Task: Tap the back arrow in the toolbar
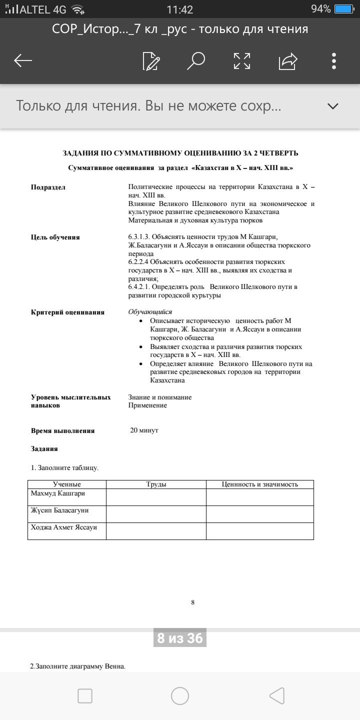point(23,61)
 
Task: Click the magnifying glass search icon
point(195,61)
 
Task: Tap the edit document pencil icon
point(151,61)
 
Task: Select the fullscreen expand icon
point(242,61)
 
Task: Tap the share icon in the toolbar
point(288,61)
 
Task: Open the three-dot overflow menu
point(334,61)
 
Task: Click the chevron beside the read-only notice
point(332,106)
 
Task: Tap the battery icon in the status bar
point(344,9)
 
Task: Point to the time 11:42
point(180,9)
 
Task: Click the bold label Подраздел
point(48,187)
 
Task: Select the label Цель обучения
point(55,237)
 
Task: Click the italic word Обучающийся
point(150,312)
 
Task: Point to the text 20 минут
point(144,430)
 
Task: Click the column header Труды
point(156,484)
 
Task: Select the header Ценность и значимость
point(260,484)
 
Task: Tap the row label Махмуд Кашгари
point(58,494)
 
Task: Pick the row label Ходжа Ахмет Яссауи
point(64,527)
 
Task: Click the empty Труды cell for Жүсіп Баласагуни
point(156,514)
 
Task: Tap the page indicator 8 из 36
point(180,638)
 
